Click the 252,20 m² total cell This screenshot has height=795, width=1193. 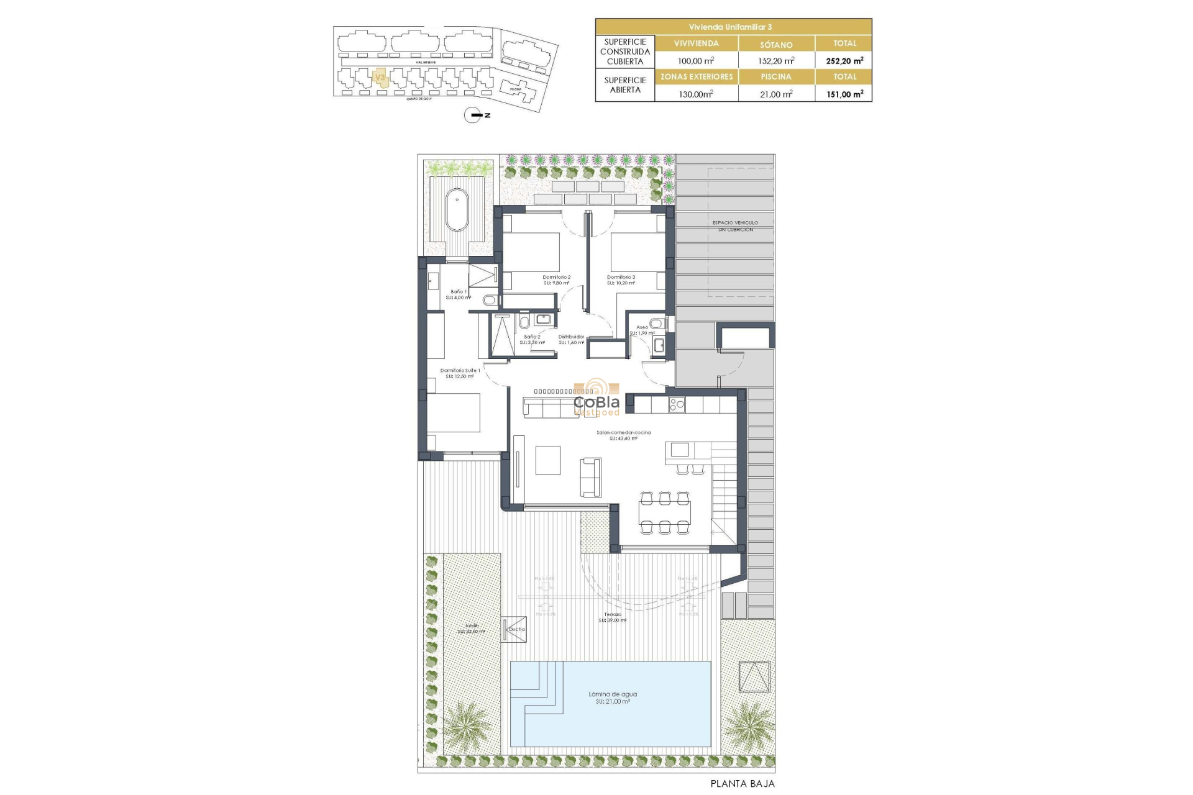coord(844,61)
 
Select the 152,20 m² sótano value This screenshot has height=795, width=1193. coord(776,61)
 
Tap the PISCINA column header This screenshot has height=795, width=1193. coord(776,77)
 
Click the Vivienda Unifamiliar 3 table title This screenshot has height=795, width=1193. coord(733,27)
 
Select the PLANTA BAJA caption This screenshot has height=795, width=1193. coord(743,784)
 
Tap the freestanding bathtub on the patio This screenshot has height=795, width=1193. coord(457,209)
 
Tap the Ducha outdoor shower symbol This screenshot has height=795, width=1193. coord(514,629)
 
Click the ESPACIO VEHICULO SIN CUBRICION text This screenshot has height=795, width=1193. coord(736,226)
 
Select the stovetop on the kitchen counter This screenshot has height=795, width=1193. coord(676,405)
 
